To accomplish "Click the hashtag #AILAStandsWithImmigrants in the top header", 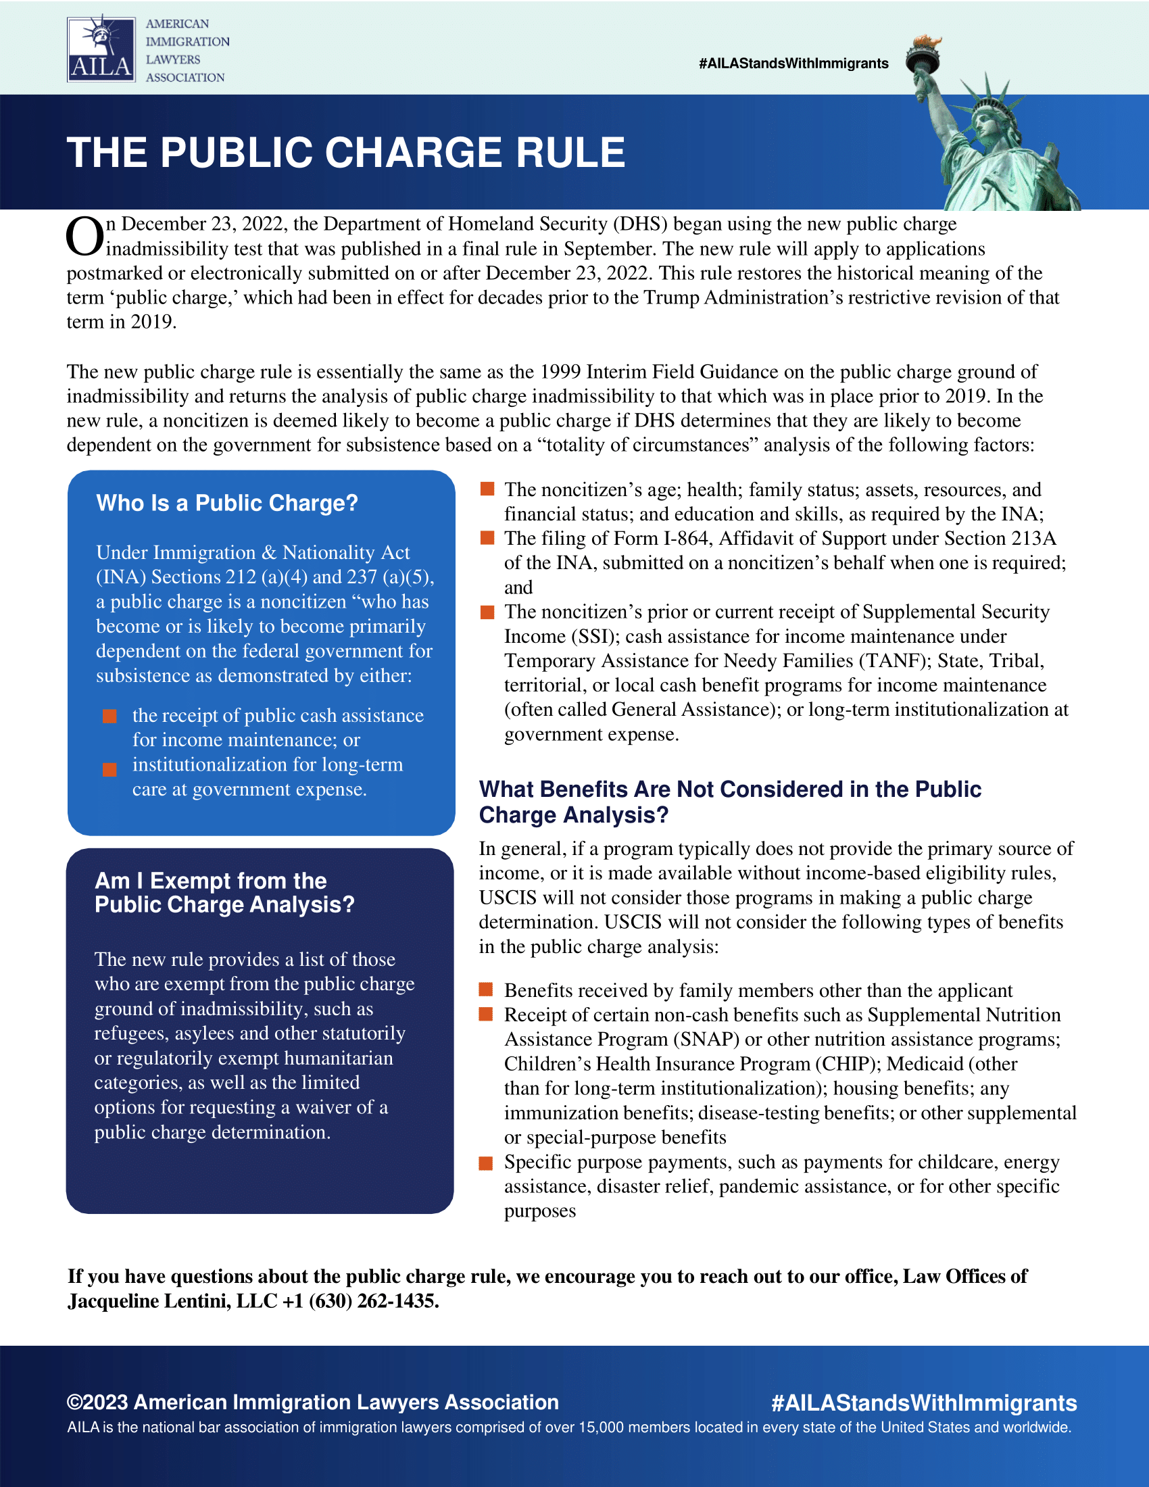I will tap(793, 64).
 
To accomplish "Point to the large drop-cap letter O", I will tap(84, 237).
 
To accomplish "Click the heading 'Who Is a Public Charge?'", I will tap(226, 503).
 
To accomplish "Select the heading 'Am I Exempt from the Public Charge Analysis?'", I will tap(224, 893).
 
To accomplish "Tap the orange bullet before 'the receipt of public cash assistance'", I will tap(109, 716).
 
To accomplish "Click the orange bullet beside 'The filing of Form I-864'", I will tap(487, 539).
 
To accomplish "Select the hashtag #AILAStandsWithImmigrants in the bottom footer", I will tap(924, 1403).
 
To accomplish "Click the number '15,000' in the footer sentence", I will tap(601, 1428).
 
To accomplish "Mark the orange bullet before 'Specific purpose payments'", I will tap(486, 1163).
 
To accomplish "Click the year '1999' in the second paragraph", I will tap(560, 372).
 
